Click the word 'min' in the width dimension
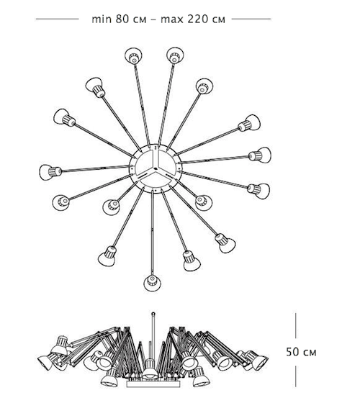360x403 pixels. [x=102, y=19]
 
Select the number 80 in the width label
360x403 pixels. [x=122, y=19]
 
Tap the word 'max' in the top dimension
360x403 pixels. [x=171, y=19]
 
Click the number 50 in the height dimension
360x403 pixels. [x=292, y=352]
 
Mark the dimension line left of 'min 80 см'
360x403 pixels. [x=58, y=19]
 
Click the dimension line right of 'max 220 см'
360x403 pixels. [x=251, y=19]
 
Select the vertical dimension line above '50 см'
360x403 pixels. [x=296, y=325]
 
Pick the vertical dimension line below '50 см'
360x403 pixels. [x=296, y=376]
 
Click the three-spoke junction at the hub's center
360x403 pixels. [x=155, y=168]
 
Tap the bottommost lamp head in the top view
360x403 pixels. [x=152, y=283]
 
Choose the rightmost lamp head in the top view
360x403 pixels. [x=260, y=155]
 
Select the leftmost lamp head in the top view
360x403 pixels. [x=50, y=172]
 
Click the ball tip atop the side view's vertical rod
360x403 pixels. [x=153, y=314]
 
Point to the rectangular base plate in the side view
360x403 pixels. [x=153, y=384]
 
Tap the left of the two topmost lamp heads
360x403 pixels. [x=133, y=55]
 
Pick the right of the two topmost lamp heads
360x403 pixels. [x=175, y=55]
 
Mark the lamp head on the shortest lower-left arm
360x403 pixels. [x=111, y=207]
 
